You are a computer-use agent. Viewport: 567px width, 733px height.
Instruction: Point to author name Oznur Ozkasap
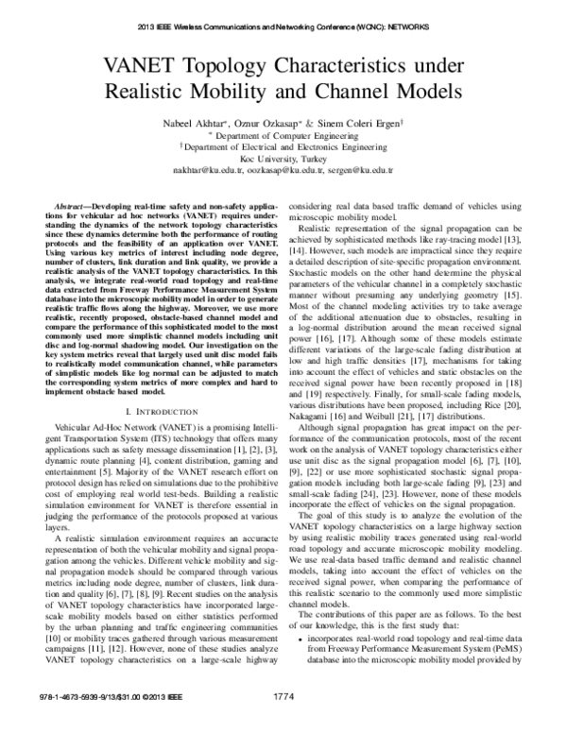(x=282, y=124)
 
